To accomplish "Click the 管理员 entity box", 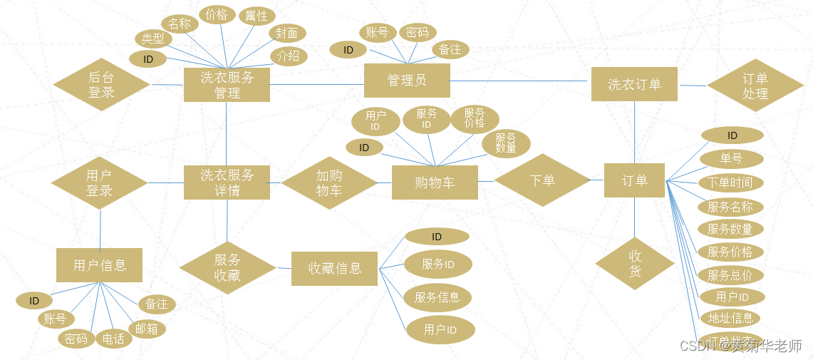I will pyautogui.click(x=407, y=81).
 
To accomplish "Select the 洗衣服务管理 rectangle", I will pyautogui.click(x=227, y=85).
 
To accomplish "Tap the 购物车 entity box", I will pyautogui.click(x=435, y=182).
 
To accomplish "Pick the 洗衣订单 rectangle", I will pyautogui.click(x=634, y=84).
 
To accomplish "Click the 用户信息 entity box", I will pyautogui.click(x=99, y=265).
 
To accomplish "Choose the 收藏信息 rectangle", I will pyautogui.click(x=334, y=269).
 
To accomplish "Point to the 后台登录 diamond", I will pyautogui.click(x=101, y=84).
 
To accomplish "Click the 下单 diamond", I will pyautogui.click(x=542, y=180).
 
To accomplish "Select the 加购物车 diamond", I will pyautogui.click(x=329, y=182).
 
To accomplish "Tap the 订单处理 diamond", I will pyautogui.click(x=755, y=86).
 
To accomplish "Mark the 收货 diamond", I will pyautogui.click(x=635, y=264).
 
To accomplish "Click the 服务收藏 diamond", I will pyautogui.click(x=227, y=267).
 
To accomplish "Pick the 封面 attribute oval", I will pyautogui.click(x=288, y=33).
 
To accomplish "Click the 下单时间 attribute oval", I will pyautogui.click(x=730, y=182).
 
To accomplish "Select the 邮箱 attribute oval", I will pyautogui.click(x=147, y=329).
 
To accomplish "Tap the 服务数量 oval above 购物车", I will pyautogui.click(x=506, y=143).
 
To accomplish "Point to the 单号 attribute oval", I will pyautogui.click(x=731, y=158).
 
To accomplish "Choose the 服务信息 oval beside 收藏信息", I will pyautogui.click(x=437, y=298).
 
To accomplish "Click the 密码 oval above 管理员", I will pyautogui.click(x=418, y=32).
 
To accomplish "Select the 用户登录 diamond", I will pyautogui.click(x=100, y=183).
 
